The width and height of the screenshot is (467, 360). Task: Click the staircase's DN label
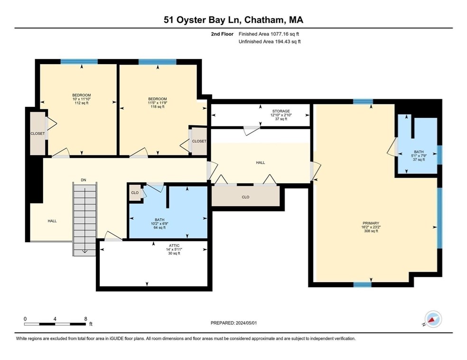point(84,180)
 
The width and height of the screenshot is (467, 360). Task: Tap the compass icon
point(433,320)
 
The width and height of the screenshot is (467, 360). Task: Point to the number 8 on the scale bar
point(86,319)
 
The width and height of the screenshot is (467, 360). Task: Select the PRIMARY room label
point(371,223)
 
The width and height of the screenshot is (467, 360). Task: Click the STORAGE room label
point(280,111)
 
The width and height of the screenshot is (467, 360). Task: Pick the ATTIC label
point(174,246)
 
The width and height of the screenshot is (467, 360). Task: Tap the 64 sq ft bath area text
point(159,227)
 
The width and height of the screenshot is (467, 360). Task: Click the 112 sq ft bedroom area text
point(82,103)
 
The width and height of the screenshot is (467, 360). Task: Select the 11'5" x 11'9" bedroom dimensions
point(158,103)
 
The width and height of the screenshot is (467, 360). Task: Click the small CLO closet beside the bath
point(135,193)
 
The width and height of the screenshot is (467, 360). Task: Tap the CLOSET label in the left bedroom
point(37,133)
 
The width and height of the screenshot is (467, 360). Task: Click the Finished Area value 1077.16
point(280,34)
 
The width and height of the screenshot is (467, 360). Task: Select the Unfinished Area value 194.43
point(284,42)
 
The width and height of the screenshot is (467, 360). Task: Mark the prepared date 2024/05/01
point(246,323)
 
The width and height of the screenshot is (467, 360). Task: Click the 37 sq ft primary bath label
point(419,160)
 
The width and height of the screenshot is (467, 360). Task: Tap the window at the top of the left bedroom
point(79,62)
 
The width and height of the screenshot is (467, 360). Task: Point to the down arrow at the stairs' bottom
point(84,251)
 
